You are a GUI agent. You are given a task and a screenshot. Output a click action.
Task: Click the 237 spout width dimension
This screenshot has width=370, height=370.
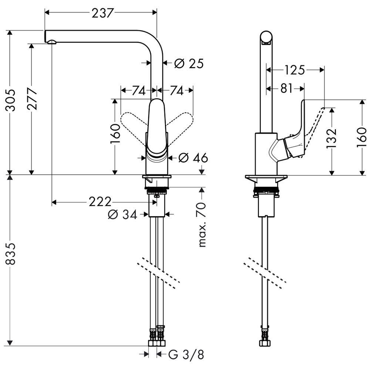(x=102, y=13)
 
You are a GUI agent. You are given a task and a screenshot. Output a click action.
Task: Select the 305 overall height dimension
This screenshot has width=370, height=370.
(x=11, y=100)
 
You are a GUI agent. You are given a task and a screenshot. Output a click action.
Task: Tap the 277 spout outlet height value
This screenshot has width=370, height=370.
(x=32, y=98)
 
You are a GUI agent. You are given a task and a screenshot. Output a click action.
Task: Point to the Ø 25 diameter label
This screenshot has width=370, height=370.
(x=189, y=64)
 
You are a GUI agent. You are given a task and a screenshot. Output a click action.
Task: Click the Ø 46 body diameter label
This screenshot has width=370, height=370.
(x=193, y=158)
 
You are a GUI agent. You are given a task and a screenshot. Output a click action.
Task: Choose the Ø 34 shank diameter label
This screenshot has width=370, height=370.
(x=122, y=215)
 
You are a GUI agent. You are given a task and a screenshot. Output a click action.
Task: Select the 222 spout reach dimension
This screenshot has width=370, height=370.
(x=100, y=202)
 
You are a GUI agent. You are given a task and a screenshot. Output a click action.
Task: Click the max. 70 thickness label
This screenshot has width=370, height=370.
(x=202, y=225)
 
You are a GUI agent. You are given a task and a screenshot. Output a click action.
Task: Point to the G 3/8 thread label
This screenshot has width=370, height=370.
(x=186, y=355)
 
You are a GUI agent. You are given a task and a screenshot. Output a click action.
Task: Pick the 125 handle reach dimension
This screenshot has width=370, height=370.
(x=295, y=70)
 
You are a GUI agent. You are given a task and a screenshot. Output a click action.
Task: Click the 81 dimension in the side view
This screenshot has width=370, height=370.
(x=286, y=89)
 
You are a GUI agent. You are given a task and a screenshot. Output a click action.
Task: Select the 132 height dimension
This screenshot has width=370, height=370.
(x=331, y=138)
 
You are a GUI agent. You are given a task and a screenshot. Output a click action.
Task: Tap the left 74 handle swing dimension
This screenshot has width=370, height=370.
(x=138, y=91)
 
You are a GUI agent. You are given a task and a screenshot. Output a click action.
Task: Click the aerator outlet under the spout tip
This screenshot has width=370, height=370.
(x=52, y=43)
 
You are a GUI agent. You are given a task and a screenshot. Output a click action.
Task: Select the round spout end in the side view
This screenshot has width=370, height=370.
(x=266, y=38)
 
